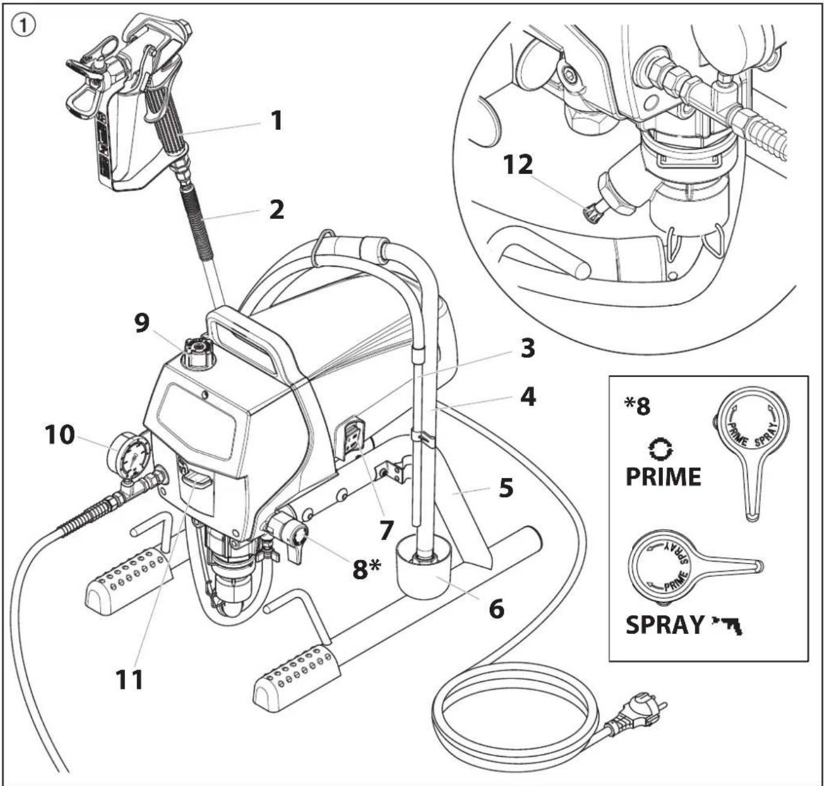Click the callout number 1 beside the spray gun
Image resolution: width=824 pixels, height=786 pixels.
click(x=276, y=121)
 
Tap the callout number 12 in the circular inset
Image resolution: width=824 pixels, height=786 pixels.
click(x=519, y=165)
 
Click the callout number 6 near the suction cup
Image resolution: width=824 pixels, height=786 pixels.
click(x=496, y=609)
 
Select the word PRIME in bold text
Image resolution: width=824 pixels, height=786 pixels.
click(x=663, y=477)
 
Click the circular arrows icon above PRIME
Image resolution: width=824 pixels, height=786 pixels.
click(x=662, y=449)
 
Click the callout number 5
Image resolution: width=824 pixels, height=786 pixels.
click(x=506, y=488)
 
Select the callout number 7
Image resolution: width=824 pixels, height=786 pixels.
click(x=386, y=531)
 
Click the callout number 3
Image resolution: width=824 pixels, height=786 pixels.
click(x=528, y=349)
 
